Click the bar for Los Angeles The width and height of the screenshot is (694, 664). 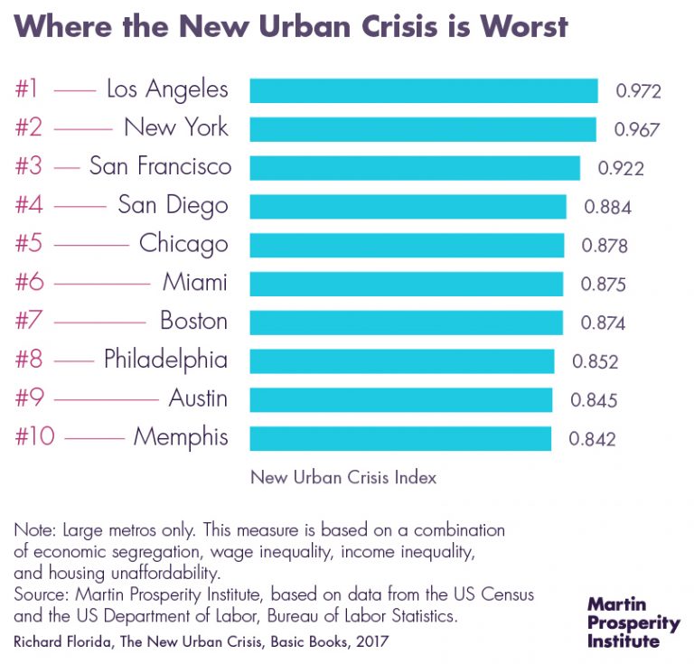click(x=423, y=90)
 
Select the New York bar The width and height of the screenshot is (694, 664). click(x=422, y=129)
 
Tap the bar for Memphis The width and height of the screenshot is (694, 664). click(x=399, y=438)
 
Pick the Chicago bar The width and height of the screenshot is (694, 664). click(x=407, y=245)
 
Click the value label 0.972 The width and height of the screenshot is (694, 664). click(x=639, y=91)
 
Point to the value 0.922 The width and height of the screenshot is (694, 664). click(x=621, y=168)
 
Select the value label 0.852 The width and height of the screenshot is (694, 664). click(x=595, y=361)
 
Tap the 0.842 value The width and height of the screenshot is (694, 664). click(x=592, y=439)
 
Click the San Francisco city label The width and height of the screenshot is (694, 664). click(x=160, y=167)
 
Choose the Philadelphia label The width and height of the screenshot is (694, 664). click(x=165, y=360)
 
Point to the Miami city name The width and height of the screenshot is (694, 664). click(x=195, y=283)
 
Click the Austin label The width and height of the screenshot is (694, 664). click(x=198, y=398)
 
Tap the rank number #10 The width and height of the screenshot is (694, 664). click(x=35, y=438)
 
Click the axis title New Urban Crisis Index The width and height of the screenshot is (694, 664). click(x=342, y=477)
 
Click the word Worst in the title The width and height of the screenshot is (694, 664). click(x=523, y=25)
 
